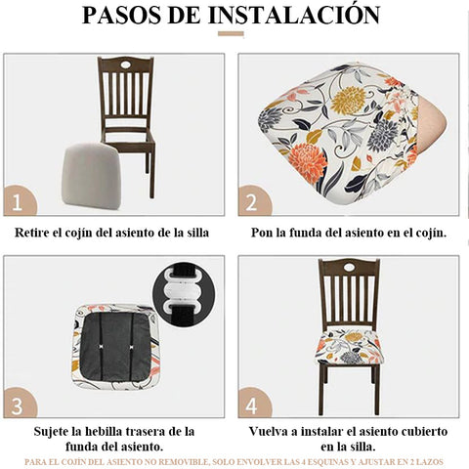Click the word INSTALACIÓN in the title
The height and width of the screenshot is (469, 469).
[294, 14]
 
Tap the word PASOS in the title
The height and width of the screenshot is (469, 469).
[123, 15]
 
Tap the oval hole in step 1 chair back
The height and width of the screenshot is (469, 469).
[125, 64]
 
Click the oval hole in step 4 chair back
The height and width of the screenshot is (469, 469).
[350, 268]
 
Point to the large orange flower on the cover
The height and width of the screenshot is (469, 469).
[307, 162]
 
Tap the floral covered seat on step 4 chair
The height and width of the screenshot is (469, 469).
[350, 346]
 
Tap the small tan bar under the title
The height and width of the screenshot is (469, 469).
[231, 33]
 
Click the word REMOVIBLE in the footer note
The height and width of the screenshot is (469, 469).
[183, 462]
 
